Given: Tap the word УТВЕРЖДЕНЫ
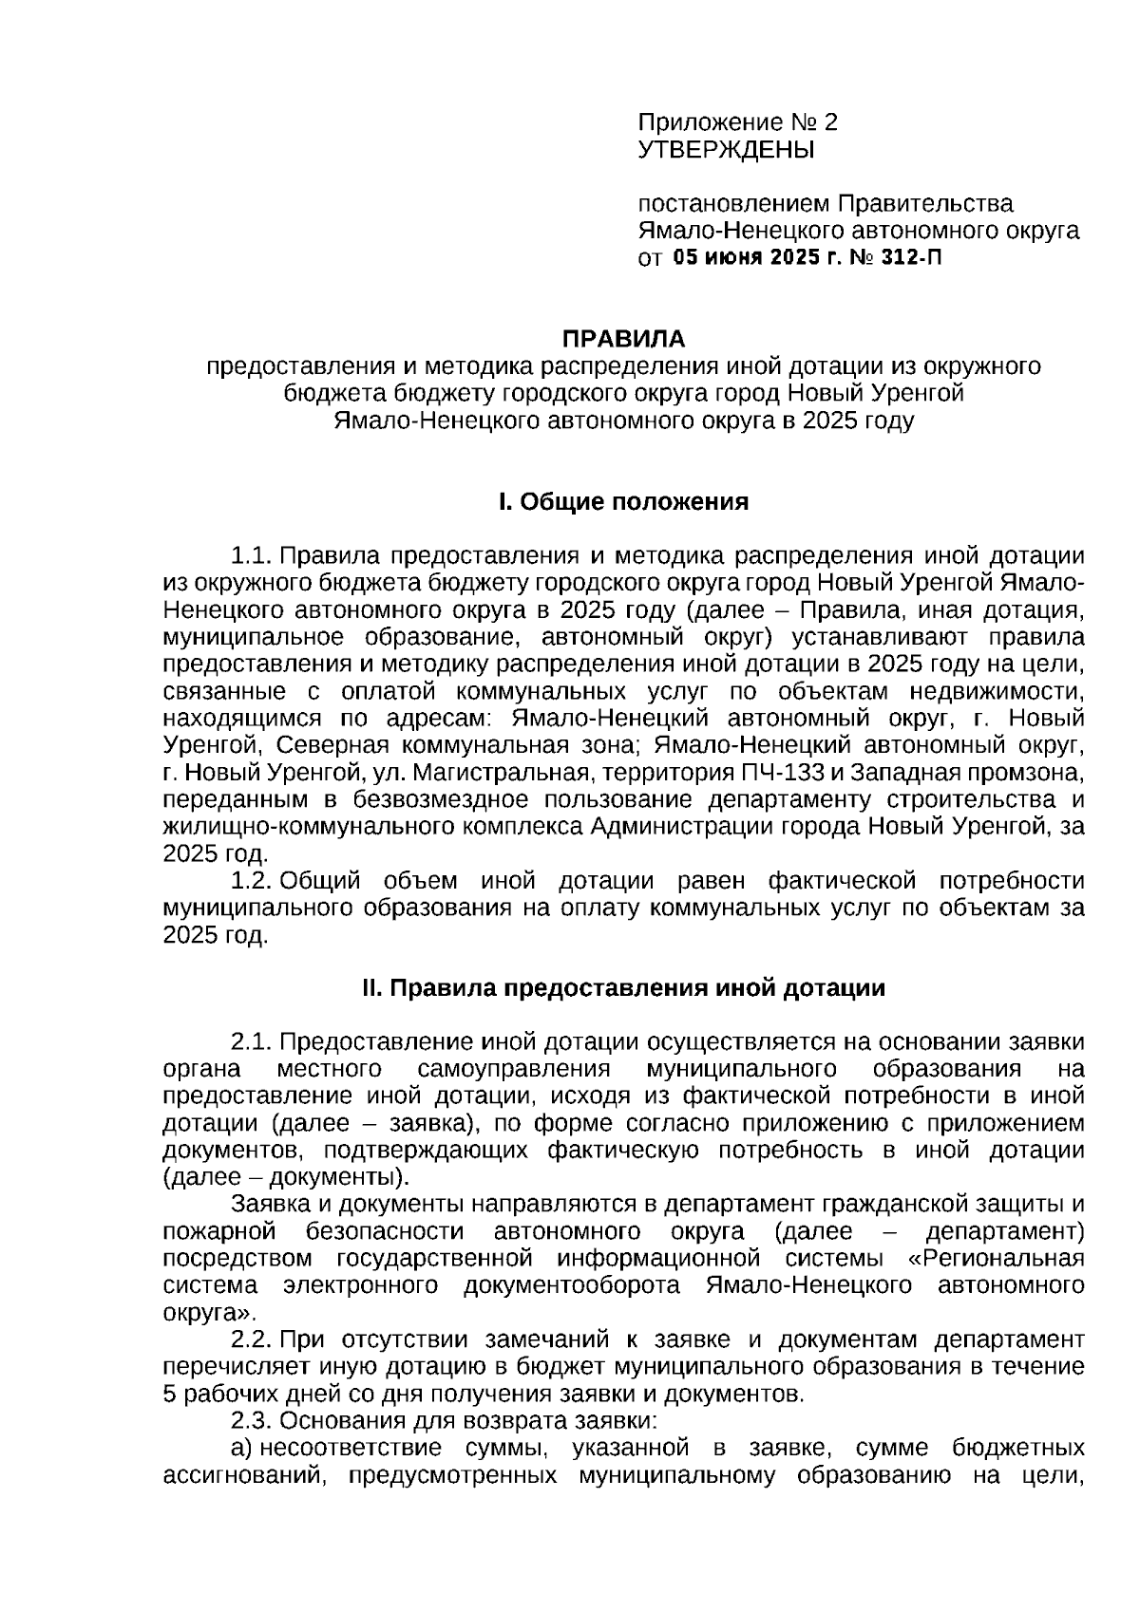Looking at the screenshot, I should [726, 149].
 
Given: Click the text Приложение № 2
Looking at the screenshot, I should [738, 122].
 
